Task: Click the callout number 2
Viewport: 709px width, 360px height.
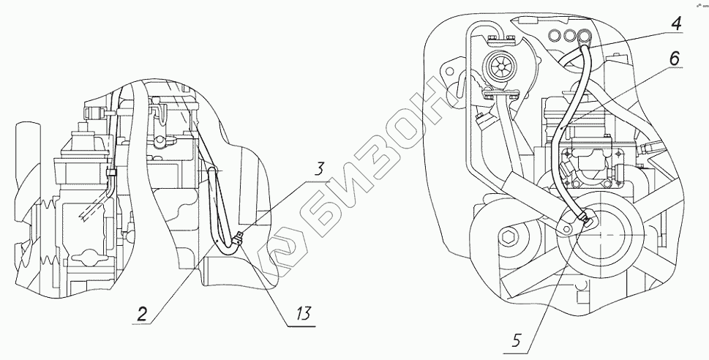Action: [x=143, y=315]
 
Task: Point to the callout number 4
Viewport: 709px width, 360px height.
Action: [x=675, y=23]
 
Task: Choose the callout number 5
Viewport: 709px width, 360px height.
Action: [x=516, y=339]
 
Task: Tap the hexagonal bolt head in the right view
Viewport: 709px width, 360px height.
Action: [x=511, y=236]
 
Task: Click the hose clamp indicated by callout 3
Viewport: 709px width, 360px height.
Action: [x=237, y=239]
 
